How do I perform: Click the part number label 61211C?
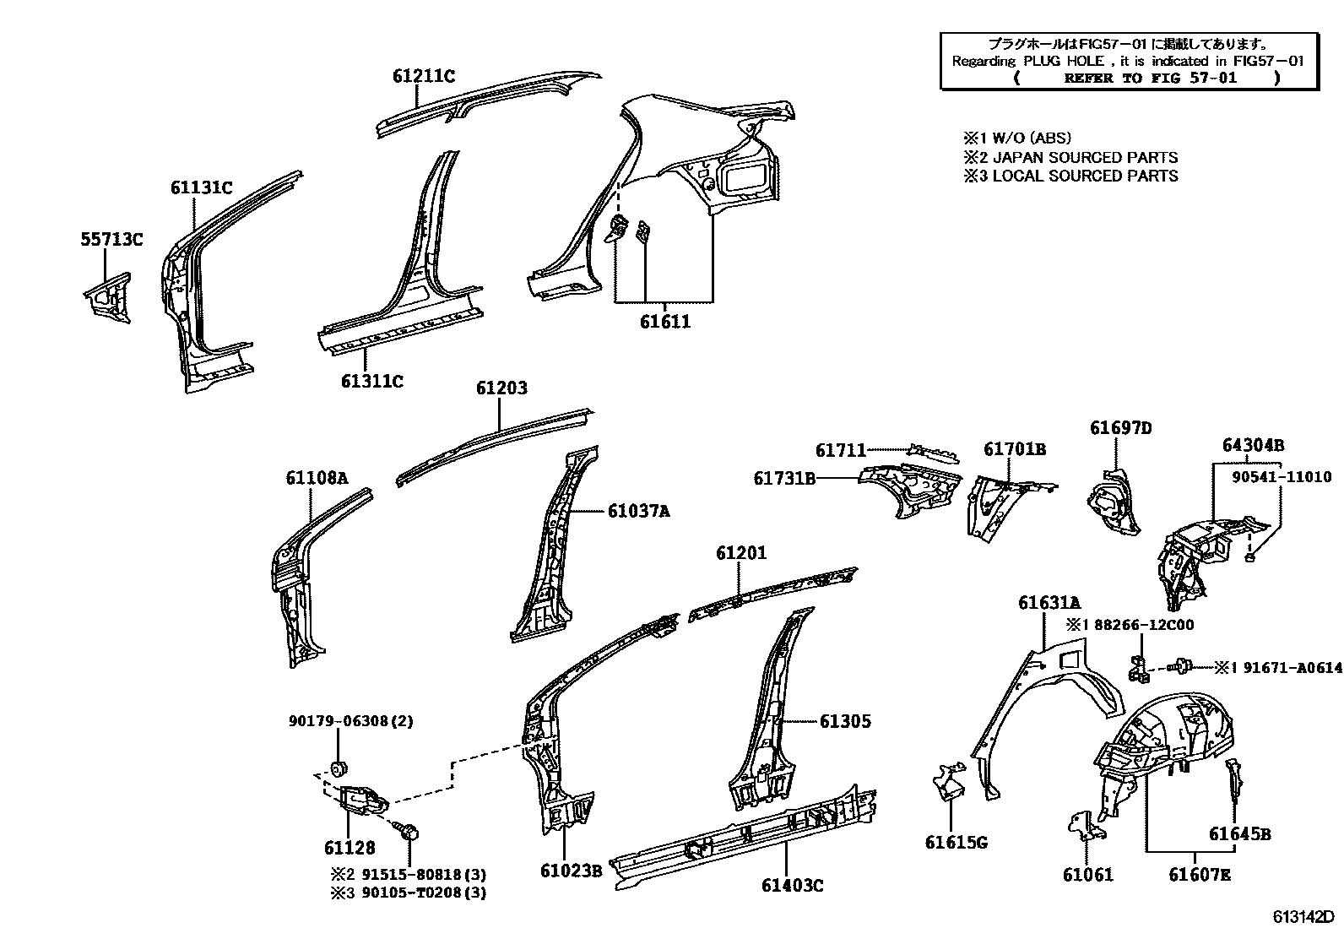pyautogui.click(x=423, y=76)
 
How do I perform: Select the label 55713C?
pyautogui.click(x=111, y=240)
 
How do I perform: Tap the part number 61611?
pyautogui.click(x=664, y=322)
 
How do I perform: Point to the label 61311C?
pyautogui.click(x=371, y=381)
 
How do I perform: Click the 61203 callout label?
pyautogui.click(x=501, y=388)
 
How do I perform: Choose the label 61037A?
pyautogui.click(x=638, y=511)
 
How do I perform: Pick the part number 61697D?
pyautogui.click(x=1120, y=428)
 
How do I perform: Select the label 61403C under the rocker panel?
pyautogui.click(x=792, y=885)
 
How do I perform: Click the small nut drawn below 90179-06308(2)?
pyautogui.click(x=339, y=768)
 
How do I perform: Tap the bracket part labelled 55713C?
pyautogui.click(x=110, y=296)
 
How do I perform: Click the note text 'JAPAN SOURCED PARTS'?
pyautogui.click(x=1085, y=157)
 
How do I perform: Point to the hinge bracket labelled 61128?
pyautogui.click(x=360, y=799)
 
